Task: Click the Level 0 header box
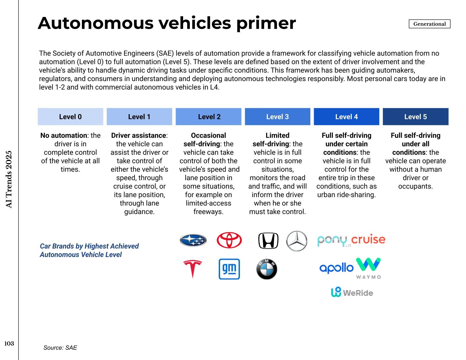coord(70,117)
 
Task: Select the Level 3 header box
coord(277,117)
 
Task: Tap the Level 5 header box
coord(415,117)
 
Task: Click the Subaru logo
coord(193,241)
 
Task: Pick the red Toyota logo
coord(229,240)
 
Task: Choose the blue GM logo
coord(229,269)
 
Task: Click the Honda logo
coord(268,241)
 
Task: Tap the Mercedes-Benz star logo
coord(297,241)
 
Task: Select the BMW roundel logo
coord(267,269)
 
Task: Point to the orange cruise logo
coord(368,239)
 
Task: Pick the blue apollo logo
coord(336,268)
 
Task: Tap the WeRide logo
coord(352,292)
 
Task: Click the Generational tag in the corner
coord(429,24)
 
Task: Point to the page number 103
coord(9,344)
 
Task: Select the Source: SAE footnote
coord(60,348)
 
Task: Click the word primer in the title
coord(266,23)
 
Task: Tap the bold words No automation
coord(64,136)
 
